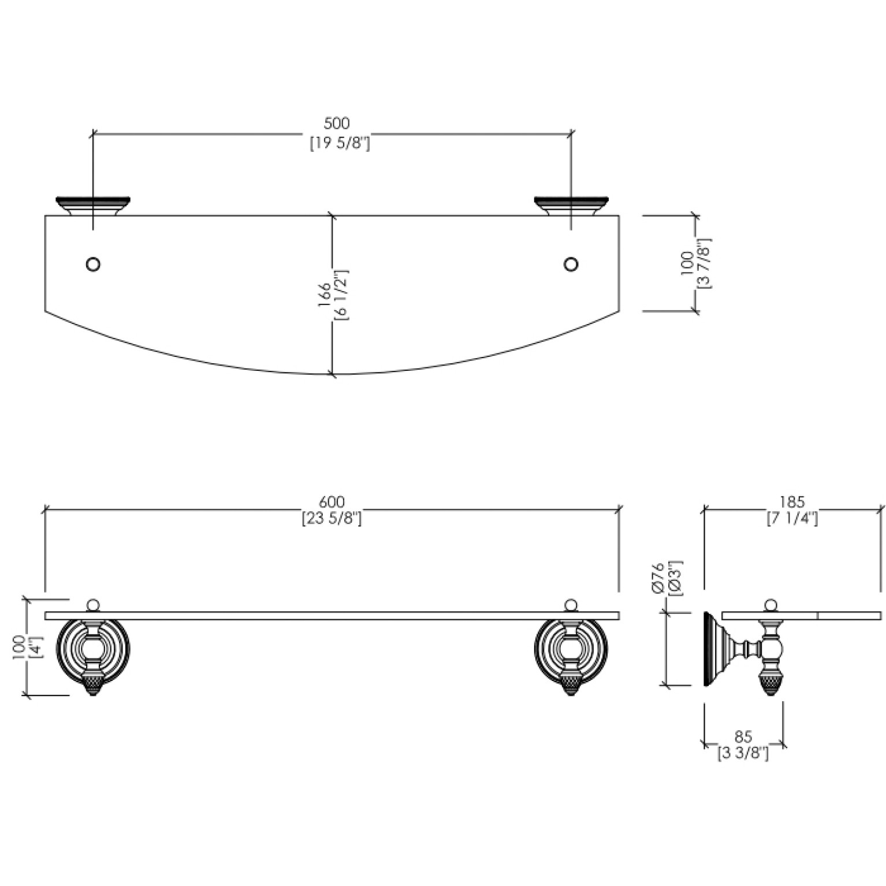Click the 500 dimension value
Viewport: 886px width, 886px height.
tap(337, 124)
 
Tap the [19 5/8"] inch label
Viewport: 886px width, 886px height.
tap(340, 143)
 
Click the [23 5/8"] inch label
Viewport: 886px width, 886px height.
tap(332, 519)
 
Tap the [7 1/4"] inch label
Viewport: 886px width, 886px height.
tap(792, 519)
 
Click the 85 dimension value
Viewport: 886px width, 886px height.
tap(744, 737)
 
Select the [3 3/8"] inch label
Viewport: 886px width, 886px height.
tap(743, 754)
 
